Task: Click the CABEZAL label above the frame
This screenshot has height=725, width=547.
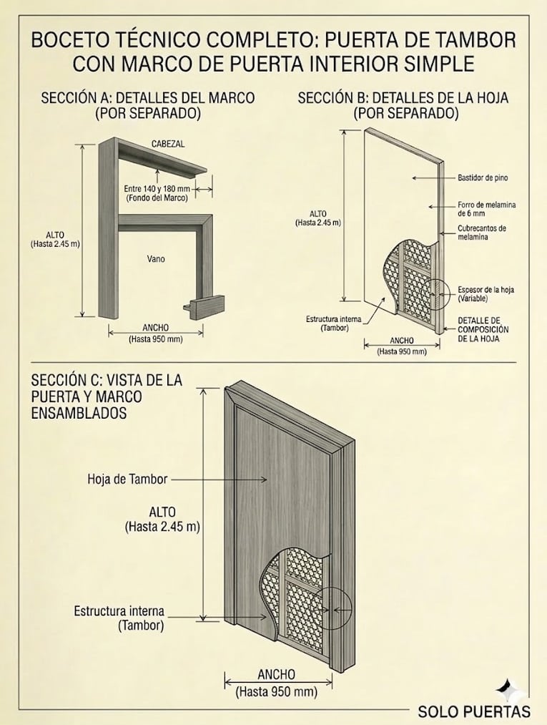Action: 168,144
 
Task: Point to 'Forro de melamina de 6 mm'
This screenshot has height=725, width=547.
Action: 486,209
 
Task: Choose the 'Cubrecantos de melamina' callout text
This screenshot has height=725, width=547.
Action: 482,233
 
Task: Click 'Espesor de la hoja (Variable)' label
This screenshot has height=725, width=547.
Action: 486,293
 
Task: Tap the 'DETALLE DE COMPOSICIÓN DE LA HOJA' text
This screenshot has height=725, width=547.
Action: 483,329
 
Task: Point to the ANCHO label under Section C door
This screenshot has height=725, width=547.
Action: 276,675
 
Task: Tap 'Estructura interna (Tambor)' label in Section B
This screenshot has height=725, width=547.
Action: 327,323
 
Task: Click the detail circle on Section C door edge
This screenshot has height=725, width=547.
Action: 332,608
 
